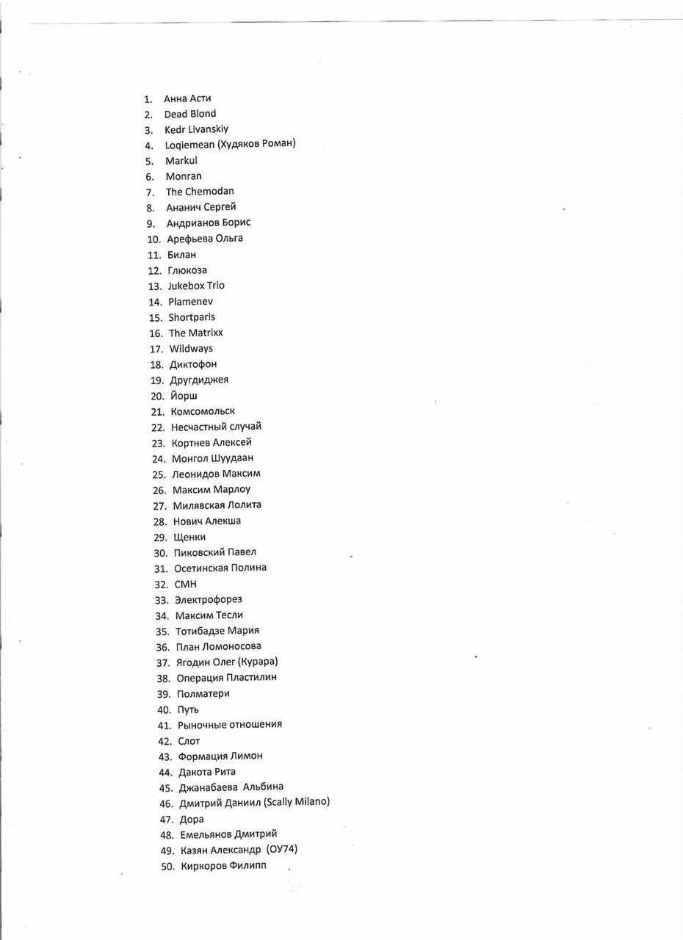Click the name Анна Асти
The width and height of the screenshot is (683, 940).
[187, 98]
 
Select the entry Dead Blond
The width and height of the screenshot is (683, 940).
[189, 114]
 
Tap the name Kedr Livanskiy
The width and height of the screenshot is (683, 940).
[196, 129]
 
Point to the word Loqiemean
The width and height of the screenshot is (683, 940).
[189, 145]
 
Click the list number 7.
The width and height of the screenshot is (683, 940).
[150, 192]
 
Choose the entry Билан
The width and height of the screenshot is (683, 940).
[181, 255]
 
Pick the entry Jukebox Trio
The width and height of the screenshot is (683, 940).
[196, 286]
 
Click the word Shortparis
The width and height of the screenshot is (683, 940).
[192, 317]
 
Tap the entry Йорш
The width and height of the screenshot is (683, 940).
[184, 396]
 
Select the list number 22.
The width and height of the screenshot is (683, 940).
[158, 427]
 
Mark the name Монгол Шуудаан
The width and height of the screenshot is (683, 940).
[212, 458]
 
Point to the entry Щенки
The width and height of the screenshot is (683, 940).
[189, 537]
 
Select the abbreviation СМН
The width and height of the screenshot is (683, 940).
[185, 585]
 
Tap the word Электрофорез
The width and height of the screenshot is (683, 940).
[208, 600]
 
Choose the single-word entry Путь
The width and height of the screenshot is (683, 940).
[188, 709]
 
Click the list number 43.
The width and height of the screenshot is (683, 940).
[165, 756]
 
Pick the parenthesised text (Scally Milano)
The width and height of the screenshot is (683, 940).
[296, 802]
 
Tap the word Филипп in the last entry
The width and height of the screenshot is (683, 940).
[247, 866]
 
